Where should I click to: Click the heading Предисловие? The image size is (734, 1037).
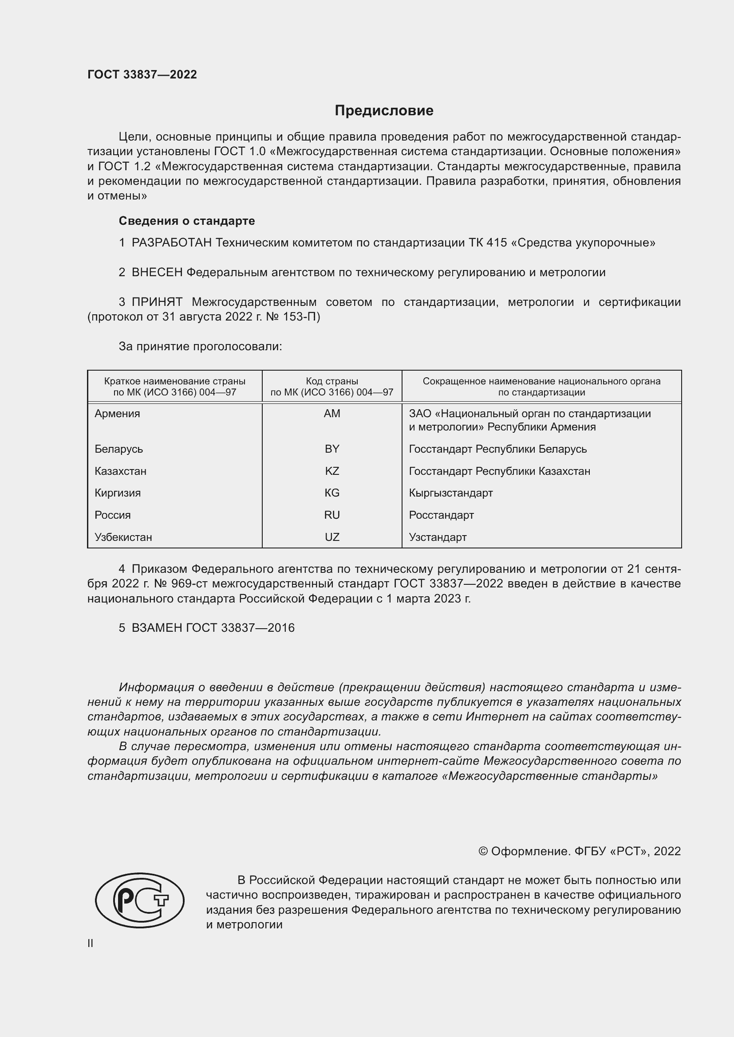384,111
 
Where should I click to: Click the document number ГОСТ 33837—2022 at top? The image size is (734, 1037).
142,74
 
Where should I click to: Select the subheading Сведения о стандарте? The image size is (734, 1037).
187,221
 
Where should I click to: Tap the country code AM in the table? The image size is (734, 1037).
332,414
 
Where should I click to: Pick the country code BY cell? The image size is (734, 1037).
332,449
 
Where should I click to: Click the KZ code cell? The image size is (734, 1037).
332,471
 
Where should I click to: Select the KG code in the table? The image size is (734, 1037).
332,493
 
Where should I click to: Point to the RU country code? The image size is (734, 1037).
332,515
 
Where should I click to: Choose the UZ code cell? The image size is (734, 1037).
332,537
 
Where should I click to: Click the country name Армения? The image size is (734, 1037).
117,414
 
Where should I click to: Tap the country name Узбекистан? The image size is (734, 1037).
123,537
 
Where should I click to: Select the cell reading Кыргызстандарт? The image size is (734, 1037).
450,493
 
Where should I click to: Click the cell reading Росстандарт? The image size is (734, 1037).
441,515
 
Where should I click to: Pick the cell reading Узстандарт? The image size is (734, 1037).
438,537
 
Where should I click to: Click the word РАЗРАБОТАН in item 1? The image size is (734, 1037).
171,243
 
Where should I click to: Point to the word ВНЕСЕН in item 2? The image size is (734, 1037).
157,272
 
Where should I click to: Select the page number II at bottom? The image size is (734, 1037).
91,943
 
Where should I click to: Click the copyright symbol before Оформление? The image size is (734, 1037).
483,851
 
